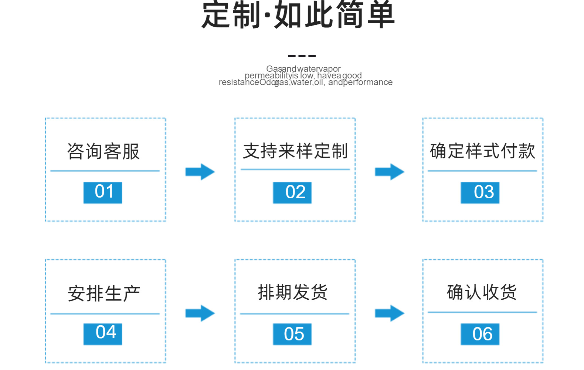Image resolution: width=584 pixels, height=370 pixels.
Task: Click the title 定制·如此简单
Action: point(298,16)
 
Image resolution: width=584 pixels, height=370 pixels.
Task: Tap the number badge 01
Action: point(103,192)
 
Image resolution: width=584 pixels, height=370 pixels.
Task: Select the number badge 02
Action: point(292,192)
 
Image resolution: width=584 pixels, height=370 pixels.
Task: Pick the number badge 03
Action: point(480,192)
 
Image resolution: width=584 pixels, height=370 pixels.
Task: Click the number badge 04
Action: point(103,334)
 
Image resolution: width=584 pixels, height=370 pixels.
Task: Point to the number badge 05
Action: point(292,334)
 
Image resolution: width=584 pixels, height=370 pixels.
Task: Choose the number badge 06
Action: point(480,334)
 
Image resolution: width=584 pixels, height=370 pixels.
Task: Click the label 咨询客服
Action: point(103,151)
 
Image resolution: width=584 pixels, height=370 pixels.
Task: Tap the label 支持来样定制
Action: point(295,151)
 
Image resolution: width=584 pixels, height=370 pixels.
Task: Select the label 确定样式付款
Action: point(482,151)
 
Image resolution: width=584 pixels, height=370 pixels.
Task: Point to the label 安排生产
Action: point(103,294)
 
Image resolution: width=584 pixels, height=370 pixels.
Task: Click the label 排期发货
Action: point(292,292)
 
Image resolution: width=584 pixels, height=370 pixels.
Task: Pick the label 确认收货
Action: point(482,292)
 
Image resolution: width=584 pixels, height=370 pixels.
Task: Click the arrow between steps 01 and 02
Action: point(200,172)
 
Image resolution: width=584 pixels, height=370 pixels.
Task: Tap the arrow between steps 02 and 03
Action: point(389,172)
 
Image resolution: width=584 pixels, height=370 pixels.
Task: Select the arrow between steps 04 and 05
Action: point(200,313)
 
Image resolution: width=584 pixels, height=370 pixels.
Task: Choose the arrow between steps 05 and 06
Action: point(389,313)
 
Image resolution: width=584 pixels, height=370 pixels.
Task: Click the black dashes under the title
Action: point(302,56)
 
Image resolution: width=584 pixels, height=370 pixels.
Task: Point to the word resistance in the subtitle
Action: point(239,83)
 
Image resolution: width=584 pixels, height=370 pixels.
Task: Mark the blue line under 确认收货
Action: point(482,312)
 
